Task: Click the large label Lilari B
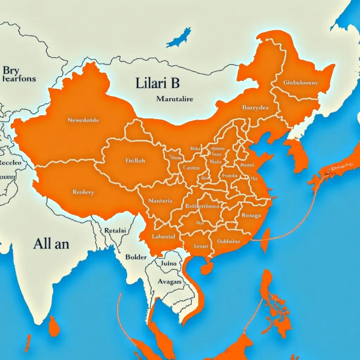(157, 83)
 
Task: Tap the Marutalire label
(175, 99)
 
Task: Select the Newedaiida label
(83, 120)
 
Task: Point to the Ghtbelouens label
(300, 83)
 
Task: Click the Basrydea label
(255, 108)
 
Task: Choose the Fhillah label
(135, 160)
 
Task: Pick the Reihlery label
(83, 192)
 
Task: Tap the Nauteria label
(160, 201)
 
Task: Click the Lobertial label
(163, 237)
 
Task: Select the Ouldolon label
(229, 241)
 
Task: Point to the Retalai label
(115, 231)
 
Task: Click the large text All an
(51, 244)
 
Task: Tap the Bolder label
(136, 257)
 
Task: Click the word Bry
(11, 70)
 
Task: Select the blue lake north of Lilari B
(179, 38)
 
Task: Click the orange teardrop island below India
(54, 326)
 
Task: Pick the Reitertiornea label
(202, 206)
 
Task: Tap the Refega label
(252, 216)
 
